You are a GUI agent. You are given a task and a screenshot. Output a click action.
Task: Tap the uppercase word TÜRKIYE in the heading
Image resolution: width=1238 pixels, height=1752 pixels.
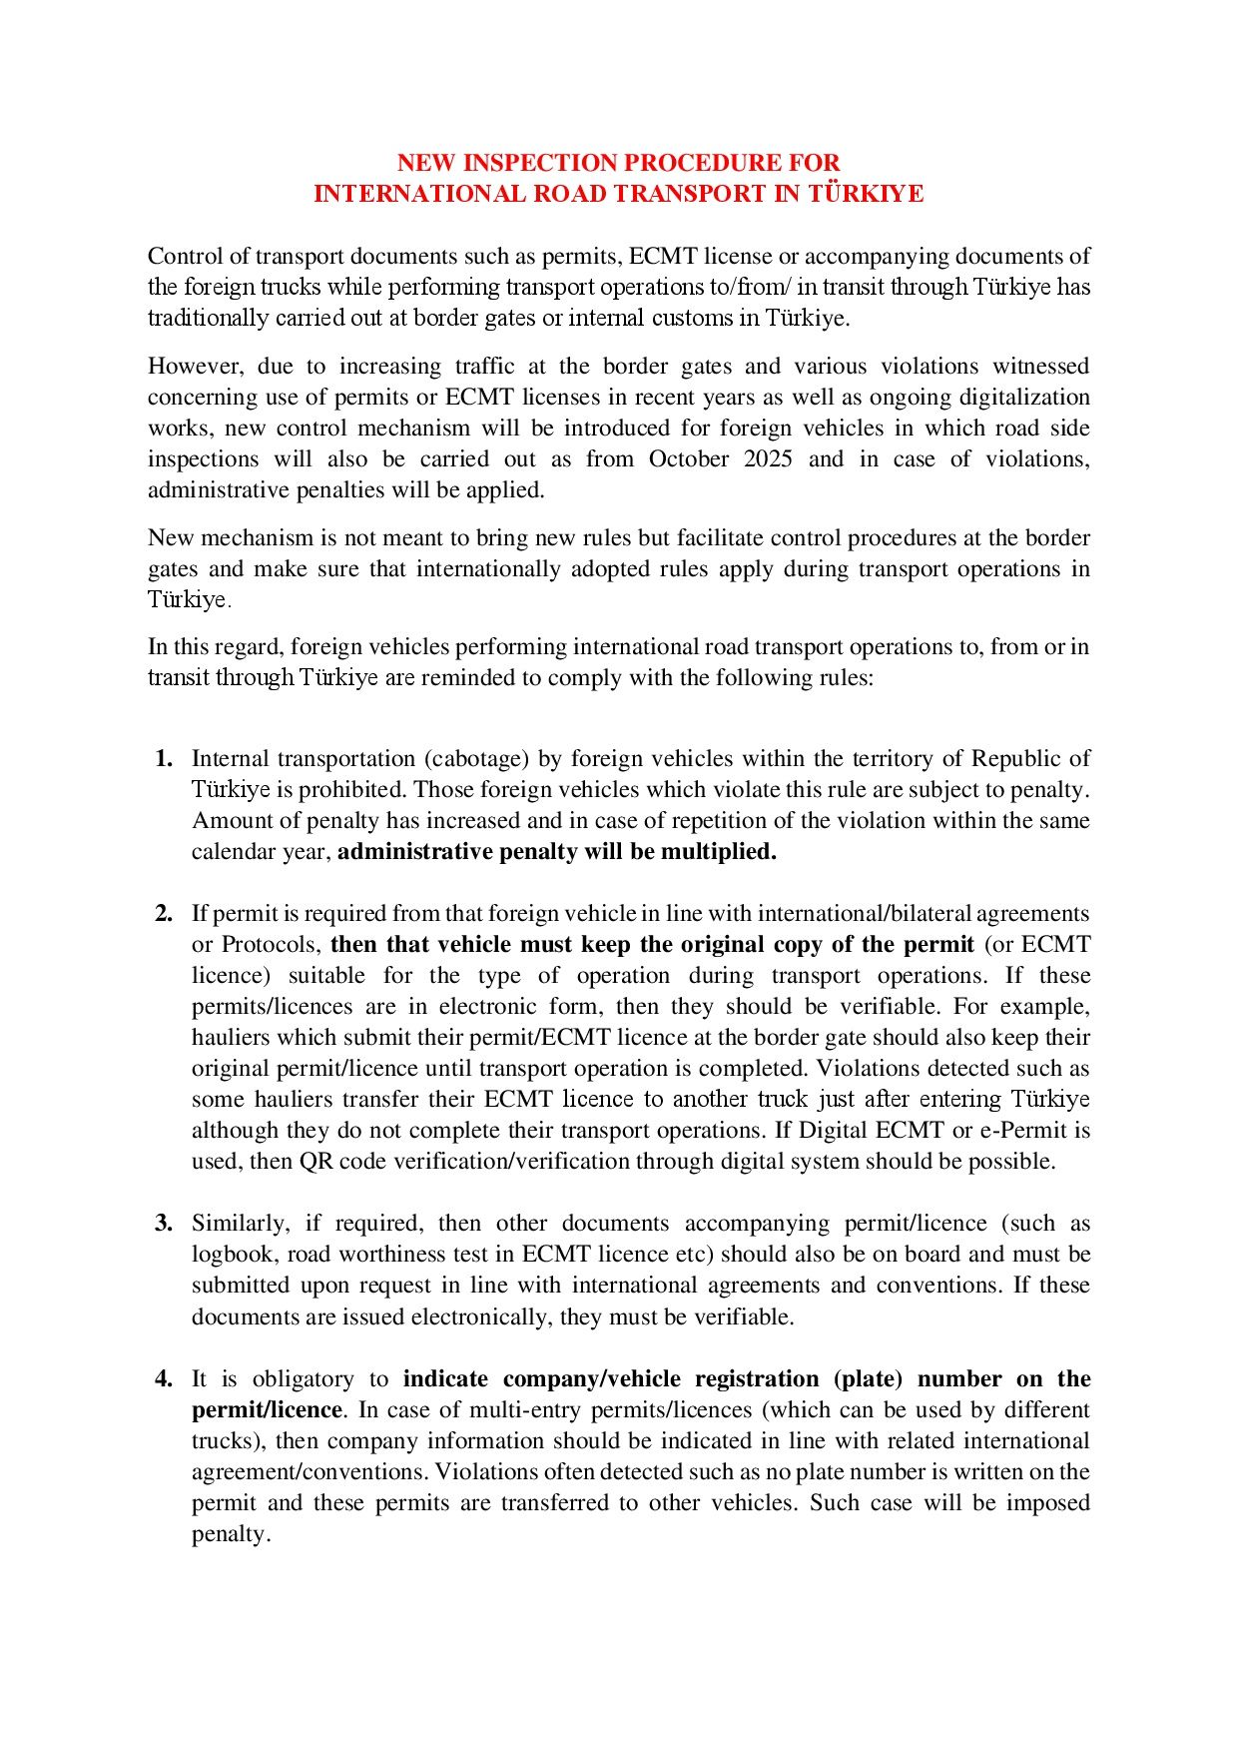click(866, 194)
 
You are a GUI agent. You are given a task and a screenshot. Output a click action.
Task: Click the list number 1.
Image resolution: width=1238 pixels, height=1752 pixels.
click(164, 759)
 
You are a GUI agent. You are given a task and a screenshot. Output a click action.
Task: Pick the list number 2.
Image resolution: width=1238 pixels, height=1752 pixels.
click(164, 914)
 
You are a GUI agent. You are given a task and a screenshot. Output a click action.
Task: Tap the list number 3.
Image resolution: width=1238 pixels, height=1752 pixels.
click(164, 1224)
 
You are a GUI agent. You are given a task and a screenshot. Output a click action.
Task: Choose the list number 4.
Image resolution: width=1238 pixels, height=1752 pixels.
click(164, 1379)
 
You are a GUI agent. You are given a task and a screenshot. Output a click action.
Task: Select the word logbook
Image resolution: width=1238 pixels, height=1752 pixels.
click(232, 1255)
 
